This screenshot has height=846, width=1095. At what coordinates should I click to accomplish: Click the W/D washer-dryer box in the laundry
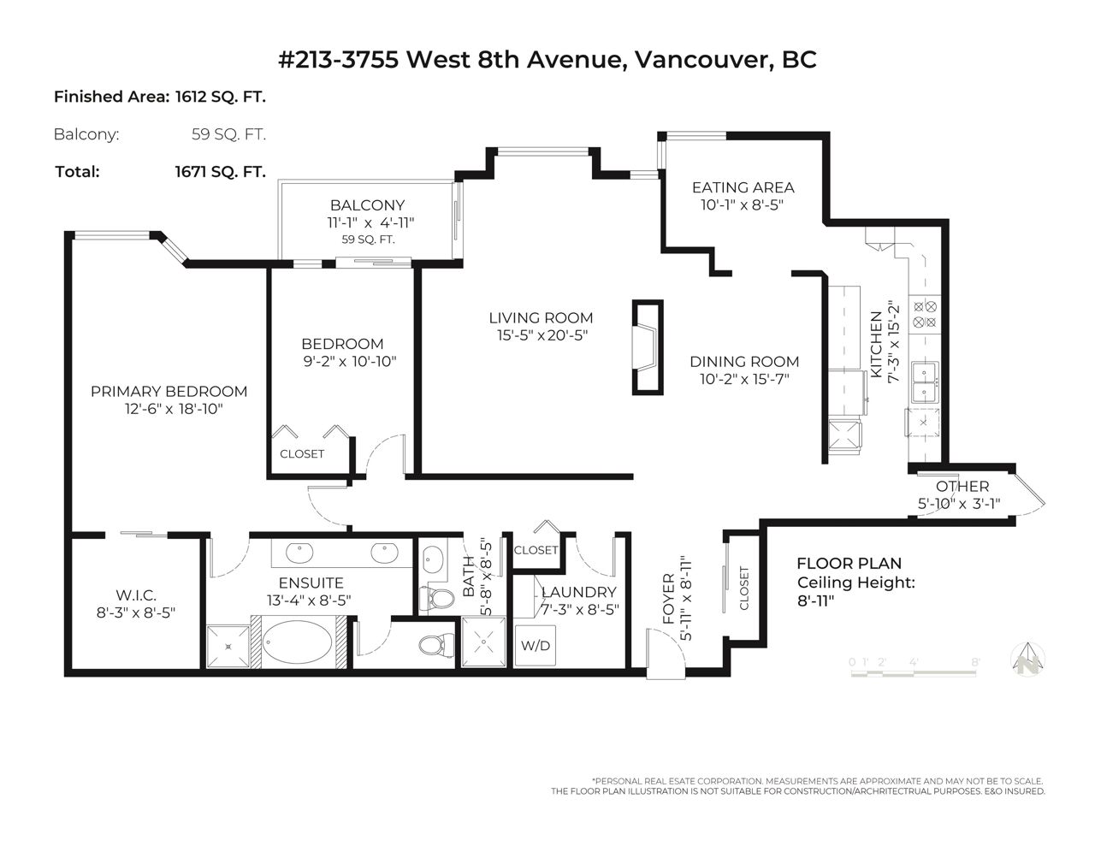(536, 646)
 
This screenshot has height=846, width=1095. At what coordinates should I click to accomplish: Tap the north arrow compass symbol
(1028, 659)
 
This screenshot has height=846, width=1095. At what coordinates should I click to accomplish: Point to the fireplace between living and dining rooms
(648, 347)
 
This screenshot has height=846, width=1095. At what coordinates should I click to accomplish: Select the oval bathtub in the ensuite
(298, 642)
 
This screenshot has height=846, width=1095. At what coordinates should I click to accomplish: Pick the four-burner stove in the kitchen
(925, 315)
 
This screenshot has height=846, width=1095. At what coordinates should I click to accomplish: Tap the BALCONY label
(367, 205)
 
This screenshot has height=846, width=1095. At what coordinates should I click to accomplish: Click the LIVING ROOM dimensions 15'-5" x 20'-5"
(542, 335)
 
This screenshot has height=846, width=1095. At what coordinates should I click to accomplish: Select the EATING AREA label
(743, 187)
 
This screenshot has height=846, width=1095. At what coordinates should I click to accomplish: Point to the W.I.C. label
(136, 595)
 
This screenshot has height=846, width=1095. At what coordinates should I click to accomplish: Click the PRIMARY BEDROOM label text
(169, 392)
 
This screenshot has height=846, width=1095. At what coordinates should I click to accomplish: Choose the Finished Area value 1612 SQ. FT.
(220, 97)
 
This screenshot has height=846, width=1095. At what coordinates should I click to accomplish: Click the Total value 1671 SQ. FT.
(220, 172)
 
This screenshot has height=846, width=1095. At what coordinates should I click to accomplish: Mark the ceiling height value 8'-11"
(815, 601)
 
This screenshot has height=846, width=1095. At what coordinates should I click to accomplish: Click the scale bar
(913, 672)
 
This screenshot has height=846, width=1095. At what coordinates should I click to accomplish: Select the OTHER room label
(962, 486)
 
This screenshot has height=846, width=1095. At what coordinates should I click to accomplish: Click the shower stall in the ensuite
(228, 647)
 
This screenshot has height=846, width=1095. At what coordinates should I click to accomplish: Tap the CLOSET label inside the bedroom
(302, 454)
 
